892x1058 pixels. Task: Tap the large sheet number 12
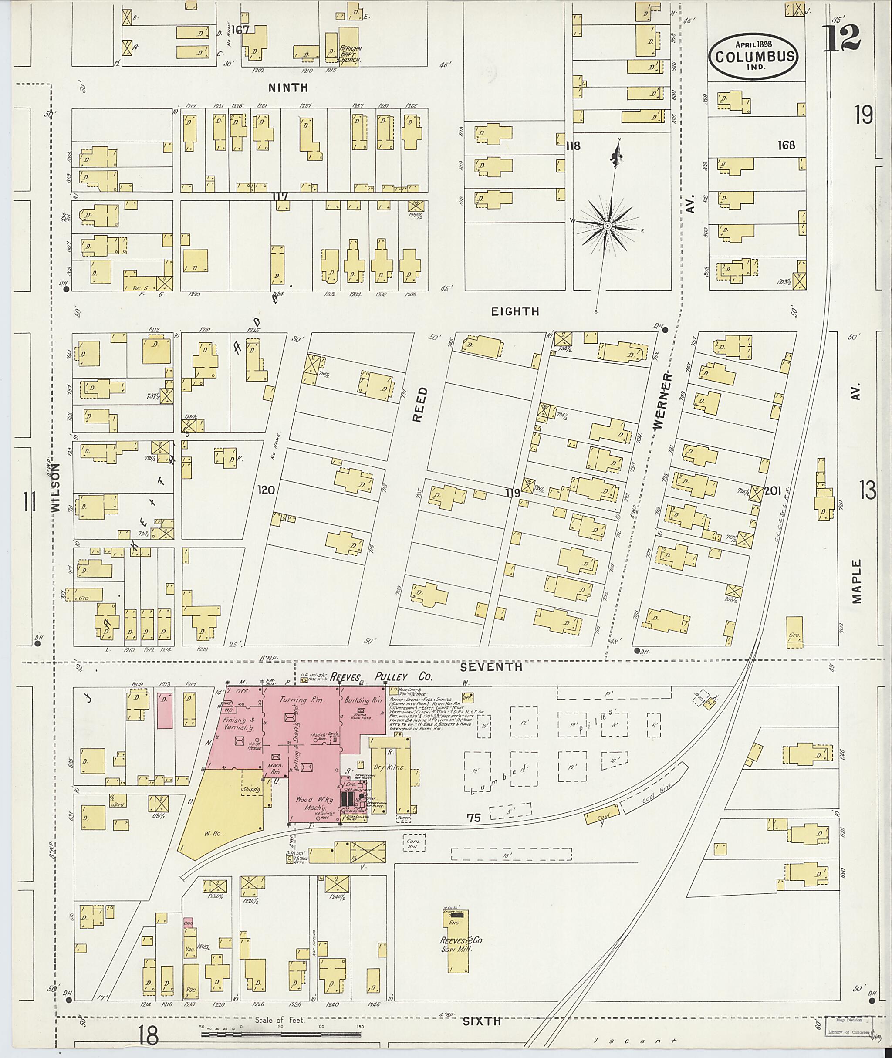click(x=842, y=38)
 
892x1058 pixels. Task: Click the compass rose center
click(x=607, y=226)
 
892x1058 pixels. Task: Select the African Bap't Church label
click(x=349, y=53)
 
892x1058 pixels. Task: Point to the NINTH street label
click(x=288, y=88)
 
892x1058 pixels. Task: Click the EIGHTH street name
click(x=515, y=311)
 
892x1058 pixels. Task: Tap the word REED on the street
click(x=420, y=405)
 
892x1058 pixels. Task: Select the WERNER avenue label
click(x=663, y=402)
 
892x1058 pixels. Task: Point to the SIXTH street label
click(x=482, y=1021)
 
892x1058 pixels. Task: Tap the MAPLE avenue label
click(x=855, y=581)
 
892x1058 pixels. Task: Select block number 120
click(x=266, y=490)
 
